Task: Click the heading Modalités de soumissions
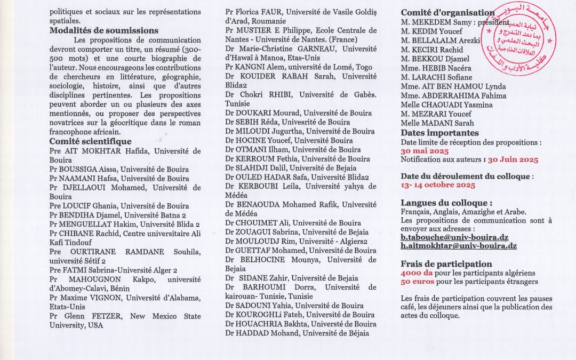104,31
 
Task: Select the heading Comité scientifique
91,141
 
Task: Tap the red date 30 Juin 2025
513,159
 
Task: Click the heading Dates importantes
440,133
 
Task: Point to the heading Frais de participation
446,263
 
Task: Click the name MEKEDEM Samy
437,21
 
